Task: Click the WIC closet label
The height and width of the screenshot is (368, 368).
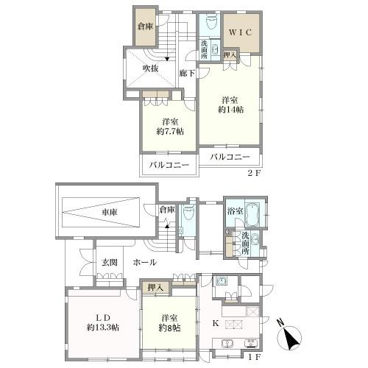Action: (x=241, y=32)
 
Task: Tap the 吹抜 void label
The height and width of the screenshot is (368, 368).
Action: (x=151, y=68)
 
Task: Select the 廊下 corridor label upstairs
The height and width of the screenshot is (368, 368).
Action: (x=187, y=73)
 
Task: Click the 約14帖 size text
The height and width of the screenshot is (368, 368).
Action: (x=231, y=110)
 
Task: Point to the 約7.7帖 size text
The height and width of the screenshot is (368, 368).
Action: (x=170, y=132)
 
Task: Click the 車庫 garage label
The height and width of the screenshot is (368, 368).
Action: (x=110, y=212)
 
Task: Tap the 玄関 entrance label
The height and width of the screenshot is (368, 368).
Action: (x=110, y=263)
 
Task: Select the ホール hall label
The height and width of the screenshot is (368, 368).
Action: (x=145, y=263)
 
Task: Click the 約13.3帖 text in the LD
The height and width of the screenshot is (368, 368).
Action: (x=103, y=328)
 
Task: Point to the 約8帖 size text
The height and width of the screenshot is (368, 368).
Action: (x=170, y=328)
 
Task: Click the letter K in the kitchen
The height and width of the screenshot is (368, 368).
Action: (x=216, y=323)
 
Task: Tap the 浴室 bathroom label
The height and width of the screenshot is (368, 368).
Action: (x=236, y=211)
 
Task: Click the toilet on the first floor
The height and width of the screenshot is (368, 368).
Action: (x=188, y=213)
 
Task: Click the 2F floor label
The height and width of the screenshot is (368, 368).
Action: (x=254, y=173)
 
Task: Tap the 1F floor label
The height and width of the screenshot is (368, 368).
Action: (x=253, y=357)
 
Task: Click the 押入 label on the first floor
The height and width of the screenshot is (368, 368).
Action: (x=155, y=288)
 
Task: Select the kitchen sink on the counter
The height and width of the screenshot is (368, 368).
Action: (x=227, y=344)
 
